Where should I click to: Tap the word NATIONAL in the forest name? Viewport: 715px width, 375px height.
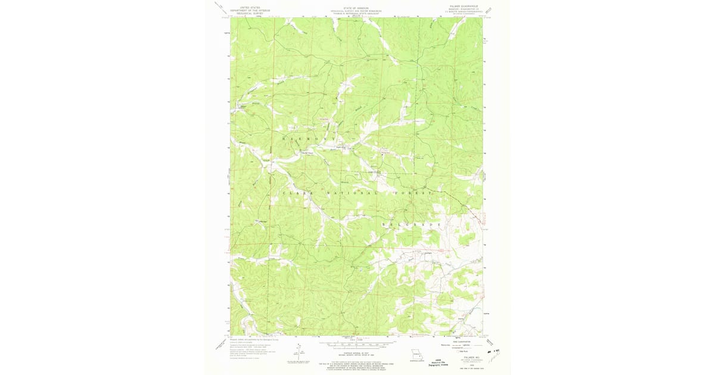pos(352,193)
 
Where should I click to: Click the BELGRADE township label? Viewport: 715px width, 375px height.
pos(412,224)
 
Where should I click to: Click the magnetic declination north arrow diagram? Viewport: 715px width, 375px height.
pos(299,348)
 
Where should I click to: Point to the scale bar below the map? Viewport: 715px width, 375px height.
pos(357,343)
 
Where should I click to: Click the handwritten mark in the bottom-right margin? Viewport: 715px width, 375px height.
pos(493,351)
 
